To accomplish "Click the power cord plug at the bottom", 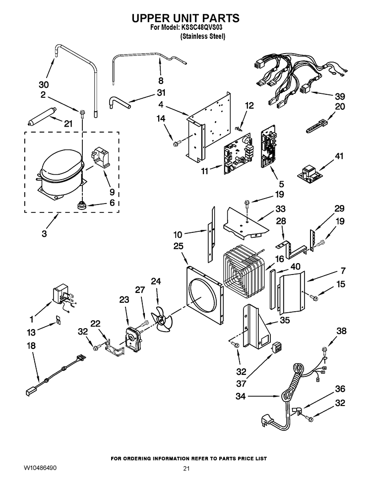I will [x=266, y=421].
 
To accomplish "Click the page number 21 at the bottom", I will [x=186, y=469].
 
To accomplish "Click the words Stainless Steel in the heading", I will [x=203, y=36].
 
